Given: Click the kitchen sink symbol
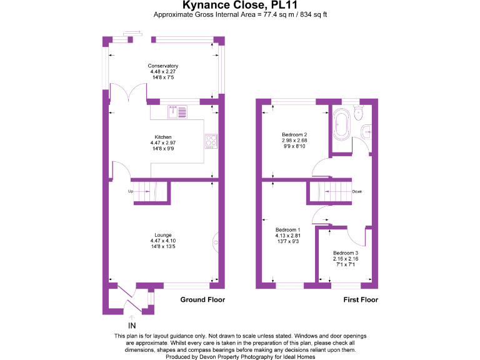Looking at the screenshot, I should click(x=177, y=112).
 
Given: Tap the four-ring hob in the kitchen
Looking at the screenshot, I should click(x=211, y=142).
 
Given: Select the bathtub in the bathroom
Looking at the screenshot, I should click(x=342, y=124).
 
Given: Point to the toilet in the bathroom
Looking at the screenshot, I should click(x=359, y=112).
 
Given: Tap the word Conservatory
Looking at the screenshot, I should click(x=163, y=66).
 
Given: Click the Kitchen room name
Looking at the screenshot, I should click(x=163, y=137).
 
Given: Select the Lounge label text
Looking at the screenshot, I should click(x=163, y=235).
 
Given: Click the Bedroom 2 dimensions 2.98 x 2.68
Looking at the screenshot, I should click(x=294, y=141).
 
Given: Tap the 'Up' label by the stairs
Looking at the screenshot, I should click(x=131, y=191).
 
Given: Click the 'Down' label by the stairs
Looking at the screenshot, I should click(x=356, y=192).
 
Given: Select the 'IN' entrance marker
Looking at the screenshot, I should click(x=132, y=326).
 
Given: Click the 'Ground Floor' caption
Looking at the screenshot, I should click(x=202, y=300).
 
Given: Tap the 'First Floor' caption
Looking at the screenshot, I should click(x=361, y=300).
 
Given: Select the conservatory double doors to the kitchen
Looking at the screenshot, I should click(x=128, y=94).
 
